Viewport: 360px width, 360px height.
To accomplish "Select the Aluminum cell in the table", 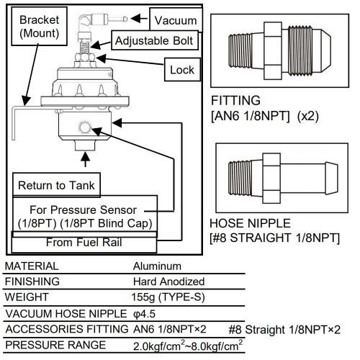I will [x=156, y=265].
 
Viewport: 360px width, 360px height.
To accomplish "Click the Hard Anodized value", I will [x=168, y=282].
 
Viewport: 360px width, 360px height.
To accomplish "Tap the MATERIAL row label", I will [x=31, y=265].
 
